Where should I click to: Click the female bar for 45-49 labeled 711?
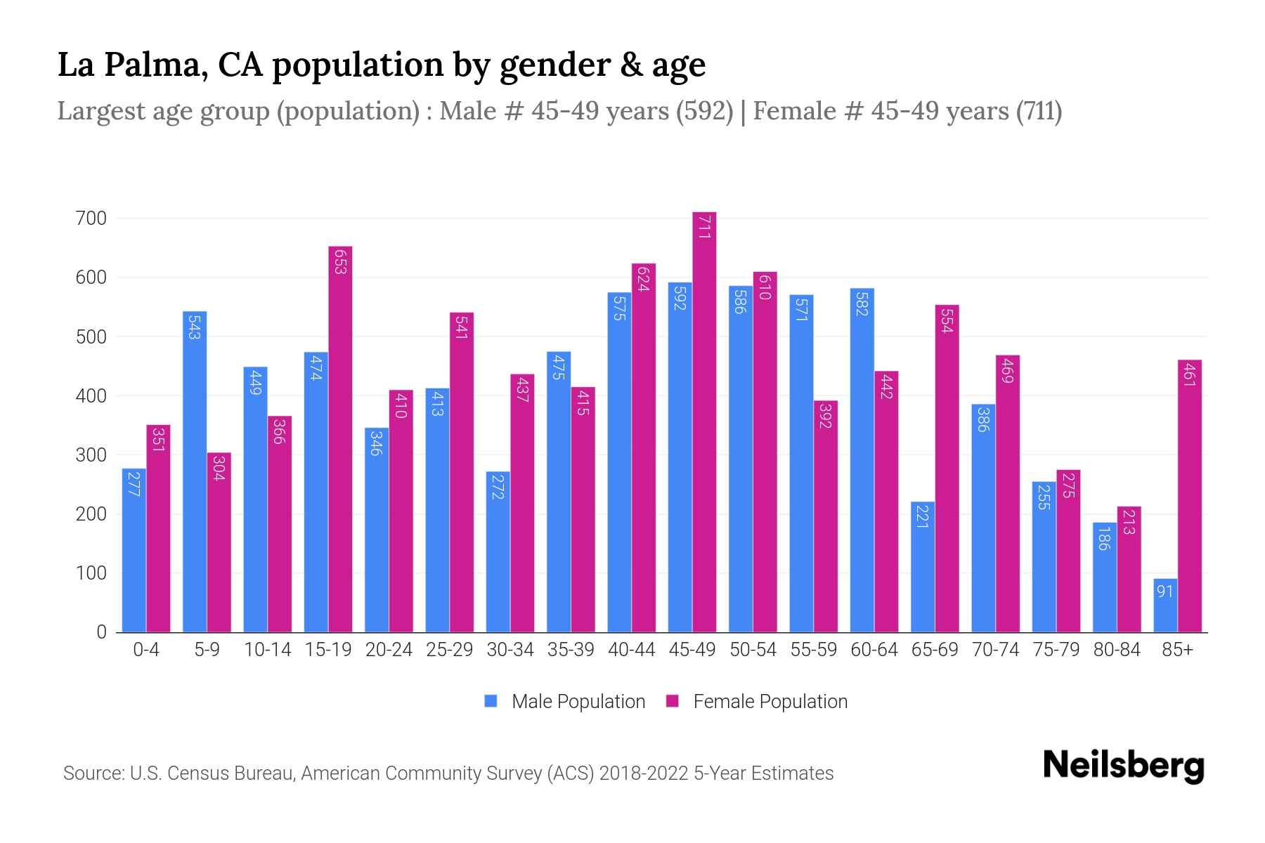(x=704, y=421)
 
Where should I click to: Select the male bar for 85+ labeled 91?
(x=1165, y=606)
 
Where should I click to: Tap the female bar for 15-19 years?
(x=340, y=439)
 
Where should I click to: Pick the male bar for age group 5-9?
(x=195, y=471)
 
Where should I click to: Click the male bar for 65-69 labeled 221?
(x=922, y=567)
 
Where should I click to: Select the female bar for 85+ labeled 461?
(x=1189, y=496)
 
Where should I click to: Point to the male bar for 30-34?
(x=498, y=551)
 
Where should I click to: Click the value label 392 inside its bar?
(x=825, y=415)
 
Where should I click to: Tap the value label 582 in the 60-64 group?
(x=862, y=302)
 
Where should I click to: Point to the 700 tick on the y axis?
(x=91, y=218)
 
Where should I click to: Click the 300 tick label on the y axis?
(x=91, y=455)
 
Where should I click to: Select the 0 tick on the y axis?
(x=101, y=632)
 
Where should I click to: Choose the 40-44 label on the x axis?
(x=631, y=650)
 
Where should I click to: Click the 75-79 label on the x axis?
(x=1056, y=650)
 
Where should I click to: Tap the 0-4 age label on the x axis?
(x=146, y=650)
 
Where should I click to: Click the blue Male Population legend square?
(x=491, y=701)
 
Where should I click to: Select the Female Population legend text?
(x=770, y=701)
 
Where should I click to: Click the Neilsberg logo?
(x=1123, y=766)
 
